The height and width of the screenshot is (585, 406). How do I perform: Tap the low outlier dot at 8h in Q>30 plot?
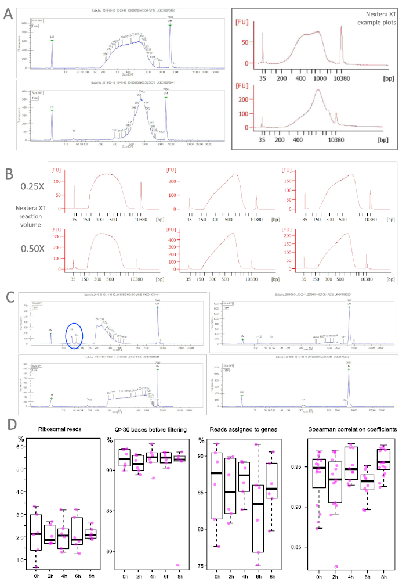[x=180, y=565]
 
